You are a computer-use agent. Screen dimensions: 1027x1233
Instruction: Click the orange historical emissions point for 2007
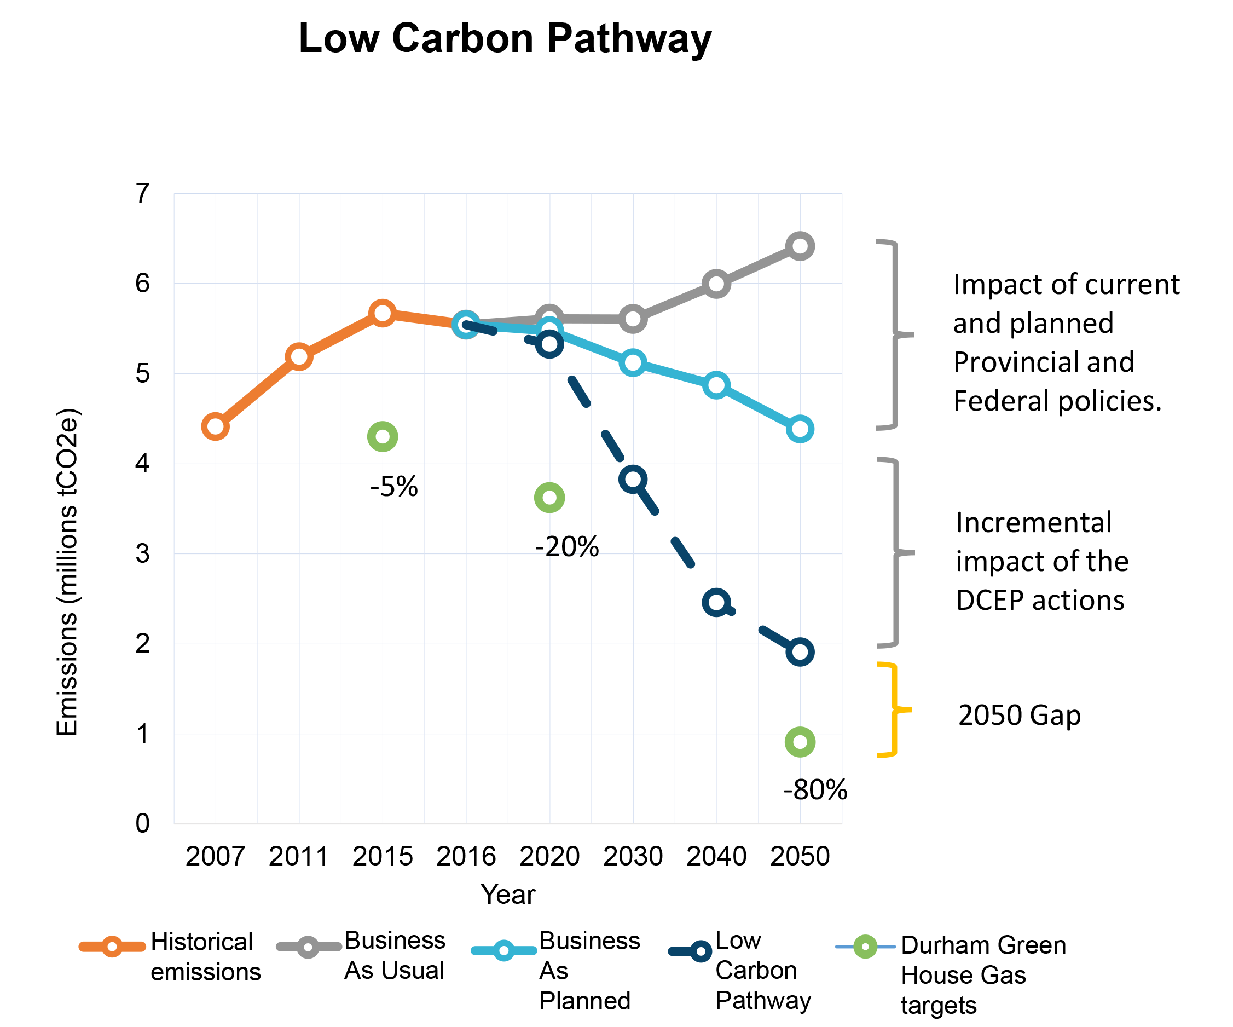click(216, 426)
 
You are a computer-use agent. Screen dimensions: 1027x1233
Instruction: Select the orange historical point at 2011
click(299, 356)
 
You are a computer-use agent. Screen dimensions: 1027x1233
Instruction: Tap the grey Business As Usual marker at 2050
click(800, 246)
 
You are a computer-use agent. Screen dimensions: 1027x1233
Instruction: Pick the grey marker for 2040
click(716, 284)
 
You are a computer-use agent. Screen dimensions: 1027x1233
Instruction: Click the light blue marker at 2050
click(800, 429)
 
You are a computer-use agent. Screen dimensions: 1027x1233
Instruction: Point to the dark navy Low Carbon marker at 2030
click(633, 479)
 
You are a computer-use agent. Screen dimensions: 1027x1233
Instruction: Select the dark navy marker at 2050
click(800, 652)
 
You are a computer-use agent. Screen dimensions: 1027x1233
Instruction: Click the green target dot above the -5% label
click(382, 437)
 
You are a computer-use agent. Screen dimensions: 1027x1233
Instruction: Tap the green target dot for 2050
click(800, 742)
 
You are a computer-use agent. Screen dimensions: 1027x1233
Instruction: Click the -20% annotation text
click(566, 547)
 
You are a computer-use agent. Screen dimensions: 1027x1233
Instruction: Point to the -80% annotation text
click(815, 790)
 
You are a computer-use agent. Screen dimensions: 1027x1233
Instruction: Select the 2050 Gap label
click(1019, 714)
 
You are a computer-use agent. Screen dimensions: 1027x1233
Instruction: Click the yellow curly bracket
click(894, 710)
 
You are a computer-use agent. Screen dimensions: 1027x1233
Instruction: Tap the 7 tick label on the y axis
click(143, 193)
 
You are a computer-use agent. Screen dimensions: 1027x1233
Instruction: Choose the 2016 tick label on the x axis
click(466, 856)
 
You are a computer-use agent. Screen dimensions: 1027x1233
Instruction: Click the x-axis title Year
click(508, 895)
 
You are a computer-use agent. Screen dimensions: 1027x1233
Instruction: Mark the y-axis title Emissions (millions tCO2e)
click(67, 573)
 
